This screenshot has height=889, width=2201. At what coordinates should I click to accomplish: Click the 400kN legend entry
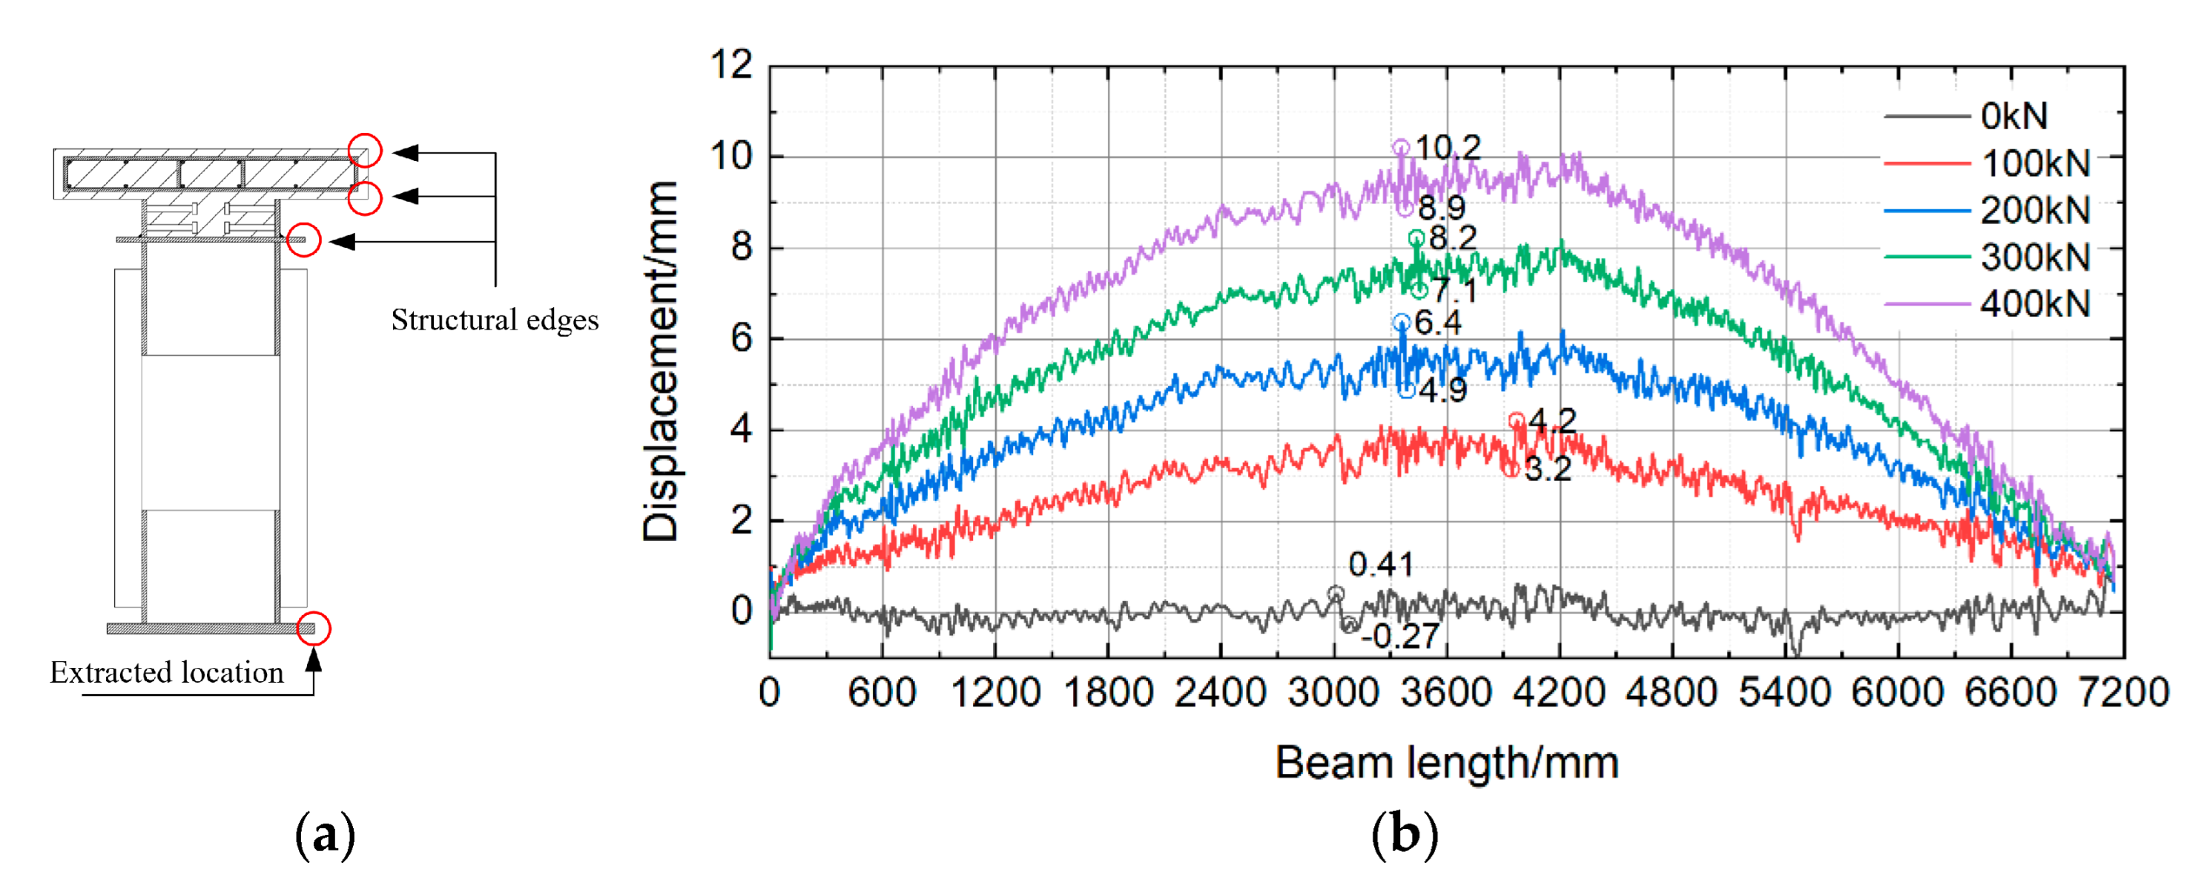coord(2033,304)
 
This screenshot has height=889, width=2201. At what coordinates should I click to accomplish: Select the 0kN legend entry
coord(2013,116)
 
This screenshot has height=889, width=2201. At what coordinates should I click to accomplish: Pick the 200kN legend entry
coord(2033,209)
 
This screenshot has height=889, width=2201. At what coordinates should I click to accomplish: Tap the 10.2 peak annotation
coord(1448,147)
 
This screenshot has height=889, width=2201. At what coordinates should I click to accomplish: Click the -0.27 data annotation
coord(1400,636)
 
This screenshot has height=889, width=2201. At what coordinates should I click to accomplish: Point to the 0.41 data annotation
coord(1380,564)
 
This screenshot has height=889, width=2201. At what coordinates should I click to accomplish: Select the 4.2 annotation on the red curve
coord(1551,420)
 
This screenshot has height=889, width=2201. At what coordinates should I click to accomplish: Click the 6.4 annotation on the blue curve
coord(1437,322)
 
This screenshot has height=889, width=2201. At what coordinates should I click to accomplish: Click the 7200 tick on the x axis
coord(2122,692)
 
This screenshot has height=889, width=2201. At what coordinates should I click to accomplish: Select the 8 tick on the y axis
coord(741,247)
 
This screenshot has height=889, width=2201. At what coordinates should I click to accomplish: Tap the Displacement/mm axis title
coord(661,361)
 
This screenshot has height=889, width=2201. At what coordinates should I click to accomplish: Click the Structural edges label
coord(495,320)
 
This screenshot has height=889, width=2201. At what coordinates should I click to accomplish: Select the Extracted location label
coord(167,673)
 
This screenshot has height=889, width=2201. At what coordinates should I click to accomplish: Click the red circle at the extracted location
coord(314,629)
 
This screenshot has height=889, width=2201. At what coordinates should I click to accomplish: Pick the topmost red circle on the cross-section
coord(365,151)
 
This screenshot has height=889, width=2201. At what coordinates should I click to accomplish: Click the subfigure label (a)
coord(324,835)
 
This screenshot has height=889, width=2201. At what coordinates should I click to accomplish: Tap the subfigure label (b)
coord(1404,835)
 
